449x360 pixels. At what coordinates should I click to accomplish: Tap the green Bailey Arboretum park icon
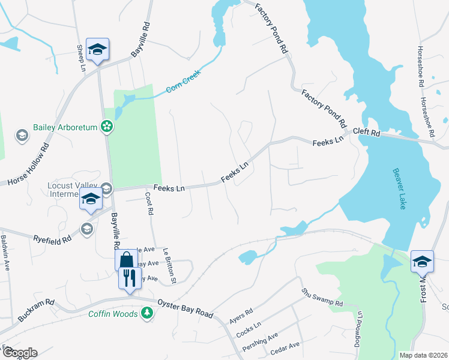click(106, 127)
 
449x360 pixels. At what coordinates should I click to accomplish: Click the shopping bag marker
click(126, 260)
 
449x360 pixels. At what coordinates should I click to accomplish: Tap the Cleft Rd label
click(367, 132)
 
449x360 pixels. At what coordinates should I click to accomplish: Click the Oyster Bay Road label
click(185, 308)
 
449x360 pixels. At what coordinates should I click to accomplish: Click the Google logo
click(19, 353)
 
